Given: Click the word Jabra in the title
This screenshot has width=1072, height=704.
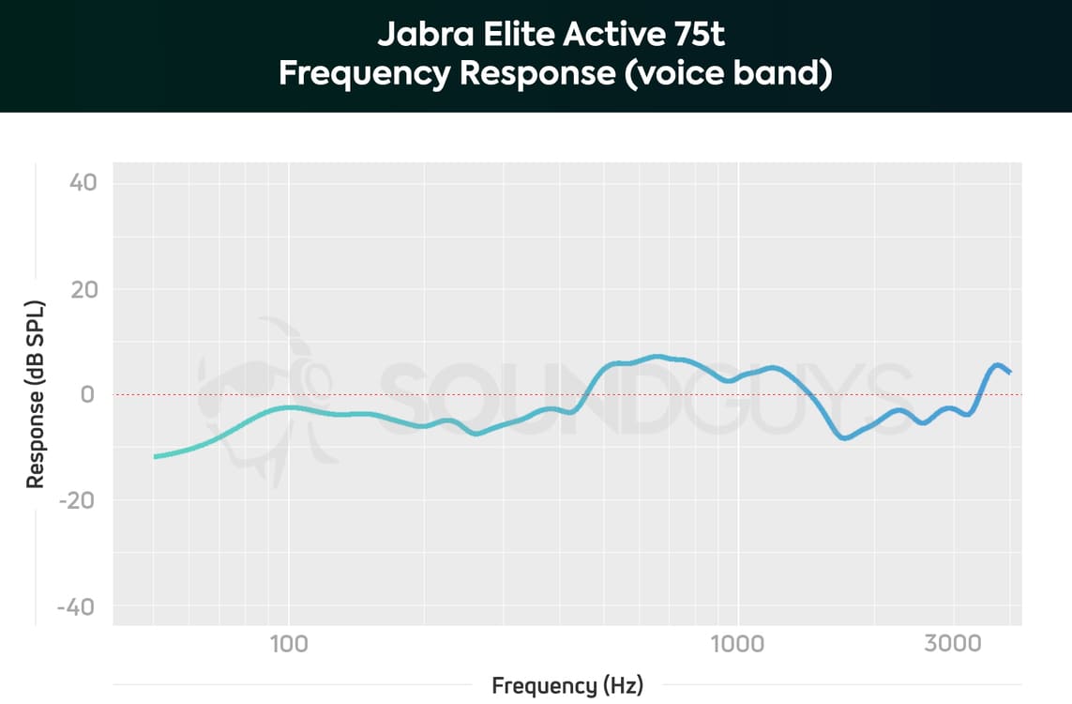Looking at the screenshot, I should tap(415, 36).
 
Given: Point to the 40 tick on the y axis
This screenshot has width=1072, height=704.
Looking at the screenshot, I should tap(83, 182).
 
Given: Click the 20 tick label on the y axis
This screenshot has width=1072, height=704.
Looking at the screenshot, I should tap(83, 288).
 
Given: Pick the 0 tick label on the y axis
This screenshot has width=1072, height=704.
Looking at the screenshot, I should tap(88, 394).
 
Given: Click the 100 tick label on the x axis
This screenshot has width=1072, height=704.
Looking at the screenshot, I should tap(289, 643).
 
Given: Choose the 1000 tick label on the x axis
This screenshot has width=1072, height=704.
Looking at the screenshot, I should tap(738, 643).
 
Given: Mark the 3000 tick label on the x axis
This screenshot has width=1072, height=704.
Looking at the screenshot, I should tap(954, 643).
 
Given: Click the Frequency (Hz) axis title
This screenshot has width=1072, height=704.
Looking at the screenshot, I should tap(567, 686).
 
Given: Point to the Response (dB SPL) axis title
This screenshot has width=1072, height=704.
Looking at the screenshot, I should tap(36, 394).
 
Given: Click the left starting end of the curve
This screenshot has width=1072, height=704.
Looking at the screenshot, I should tap(156, 456).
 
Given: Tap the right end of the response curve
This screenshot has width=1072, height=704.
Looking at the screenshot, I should tap(1009, 373).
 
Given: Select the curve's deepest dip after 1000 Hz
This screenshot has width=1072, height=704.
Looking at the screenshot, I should tap(846, 437).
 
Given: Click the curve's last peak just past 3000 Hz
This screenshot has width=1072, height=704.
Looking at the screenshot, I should tap(998, 365).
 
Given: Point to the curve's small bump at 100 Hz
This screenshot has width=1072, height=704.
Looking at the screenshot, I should tap(289, 407).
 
